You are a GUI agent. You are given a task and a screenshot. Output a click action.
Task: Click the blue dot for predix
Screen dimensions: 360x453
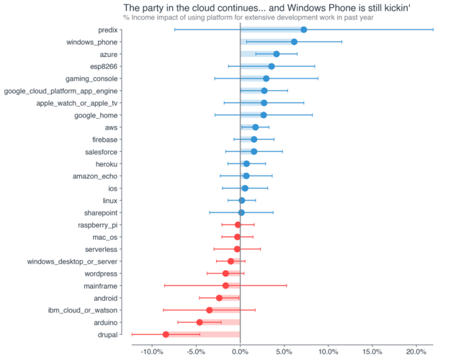303,30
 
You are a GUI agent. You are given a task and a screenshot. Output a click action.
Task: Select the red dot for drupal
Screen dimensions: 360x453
166,334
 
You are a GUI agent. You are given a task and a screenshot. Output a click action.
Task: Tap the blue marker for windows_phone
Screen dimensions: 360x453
294,42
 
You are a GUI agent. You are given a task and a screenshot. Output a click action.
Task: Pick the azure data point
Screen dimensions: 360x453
277,54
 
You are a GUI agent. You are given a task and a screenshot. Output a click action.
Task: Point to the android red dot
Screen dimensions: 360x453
220,297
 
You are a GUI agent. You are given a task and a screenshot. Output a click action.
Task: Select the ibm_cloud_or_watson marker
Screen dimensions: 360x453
210,310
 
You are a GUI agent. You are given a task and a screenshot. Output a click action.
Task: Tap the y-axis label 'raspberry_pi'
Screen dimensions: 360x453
97,225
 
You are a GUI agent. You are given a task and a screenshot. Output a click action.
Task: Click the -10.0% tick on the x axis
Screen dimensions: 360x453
151,351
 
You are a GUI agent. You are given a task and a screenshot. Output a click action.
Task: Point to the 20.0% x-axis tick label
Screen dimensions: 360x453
416,351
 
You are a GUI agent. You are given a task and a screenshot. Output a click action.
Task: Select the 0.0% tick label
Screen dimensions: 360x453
240,351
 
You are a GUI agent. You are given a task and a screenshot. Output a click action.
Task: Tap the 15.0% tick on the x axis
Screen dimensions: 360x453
372,351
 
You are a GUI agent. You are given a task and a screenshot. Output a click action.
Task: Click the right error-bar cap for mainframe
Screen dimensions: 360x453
287,285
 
